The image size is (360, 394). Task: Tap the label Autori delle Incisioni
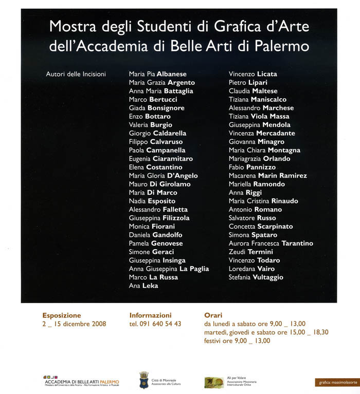click(76, 74)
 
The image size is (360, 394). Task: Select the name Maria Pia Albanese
click(157, 74)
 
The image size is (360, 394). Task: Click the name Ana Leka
click(143, 286)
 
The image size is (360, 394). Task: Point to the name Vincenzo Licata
click(253, 74)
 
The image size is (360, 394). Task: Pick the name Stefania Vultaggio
click(256, 277)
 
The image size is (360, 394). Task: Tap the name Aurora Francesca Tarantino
click(271, 243)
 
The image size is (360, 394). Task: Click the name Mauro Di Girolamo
click(159, 184)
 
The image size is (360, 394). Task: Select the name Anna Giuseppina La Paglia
click(169, 269)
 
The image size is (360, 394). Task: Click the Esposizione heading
click(62, 315)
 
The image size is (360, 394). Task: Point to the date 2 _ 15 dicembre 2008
click(74, 324)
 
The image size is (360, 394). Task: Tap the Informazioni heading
click(150, 315)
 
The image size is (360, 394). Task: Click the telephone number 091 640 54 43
click(155, 324)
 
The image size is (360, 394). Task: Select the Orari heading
click(214, 315)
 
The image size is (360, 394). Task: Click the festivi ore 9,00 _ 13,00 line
click(237, 341)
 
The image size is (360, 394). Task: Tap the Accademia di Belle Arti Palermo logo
click(81, 381)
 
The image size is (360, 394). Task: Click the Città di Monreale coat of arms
click(144, 381)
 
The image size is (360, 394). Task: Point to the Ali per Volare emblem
click(214, 382)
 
